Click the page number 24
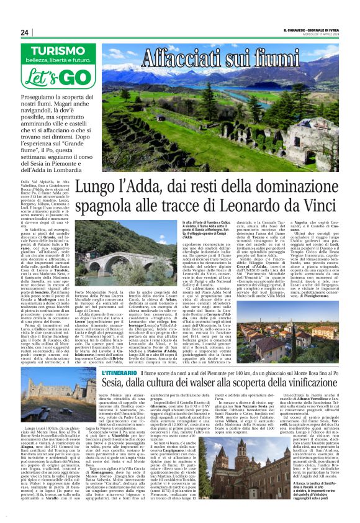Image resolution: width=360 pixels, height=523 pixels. [x=25, y=32]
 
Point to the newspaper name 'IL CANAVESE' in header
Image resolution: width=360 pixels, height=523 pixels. [x=297, y=30]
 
